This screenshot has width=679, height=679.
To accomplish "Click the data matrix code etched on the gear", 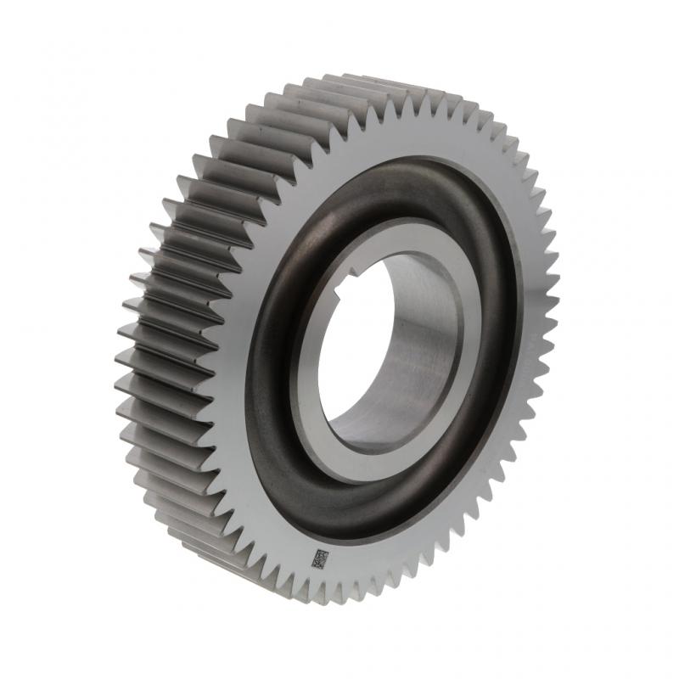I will click(320, 559).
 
